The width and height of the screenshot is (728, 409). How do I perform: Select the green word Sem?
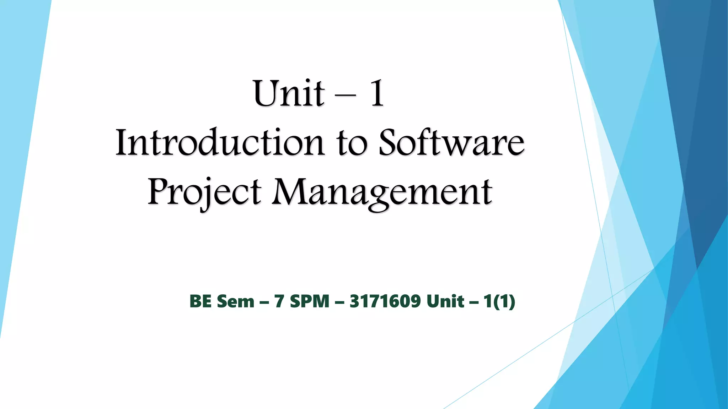click(235, 301)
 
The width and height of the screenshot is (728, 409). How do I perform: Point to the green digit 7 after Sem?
click(279, 301)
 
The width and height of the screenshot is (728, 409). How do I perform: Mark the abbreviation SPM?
click(310, 301)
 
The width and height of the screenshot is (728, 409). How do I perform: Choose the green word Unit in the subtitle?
click(445, 301)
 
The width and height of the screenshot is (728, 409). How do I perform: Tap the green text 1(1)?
click(499, 301)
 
